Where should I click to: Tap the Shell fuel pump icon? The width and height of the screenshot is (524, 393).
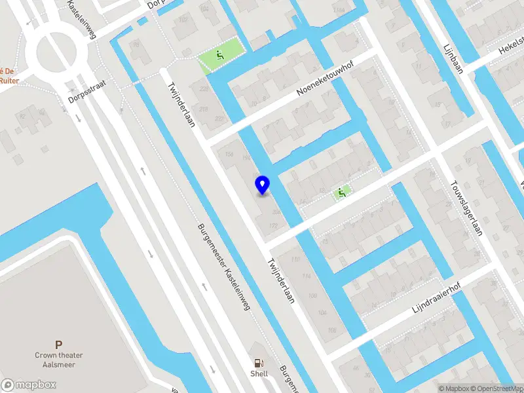coord(259,362)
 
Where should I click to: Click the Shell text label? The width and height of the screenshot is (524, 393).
coord(259,373)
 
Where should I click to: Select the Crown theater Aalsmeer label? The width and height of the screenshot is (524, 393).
coord(59,360)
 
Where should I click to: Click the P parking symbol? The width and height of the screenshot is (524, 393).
coord(59,345)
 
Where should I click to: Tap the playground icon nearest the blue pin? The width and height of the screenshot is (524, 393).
coord(341,193)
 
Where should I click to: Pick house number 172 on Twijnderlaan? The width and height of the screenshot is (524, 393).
coord(273,226)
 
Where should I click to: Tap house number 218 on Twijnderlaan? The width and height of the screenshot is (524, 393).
coord(203,108)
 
